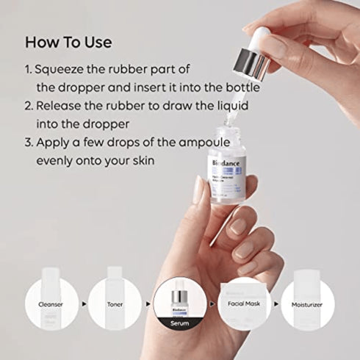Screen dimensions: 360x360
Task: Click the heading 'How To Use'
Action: click(x=68, y=41)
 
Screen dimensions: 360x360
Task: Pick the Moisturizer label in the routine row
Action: click(x=314, y=303)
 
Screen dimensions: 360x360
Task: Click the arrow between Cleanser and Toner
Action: click(x=83, y=302)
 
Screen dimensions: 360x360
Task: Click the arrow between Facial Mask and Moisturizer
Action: click(x=276, y=302)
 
